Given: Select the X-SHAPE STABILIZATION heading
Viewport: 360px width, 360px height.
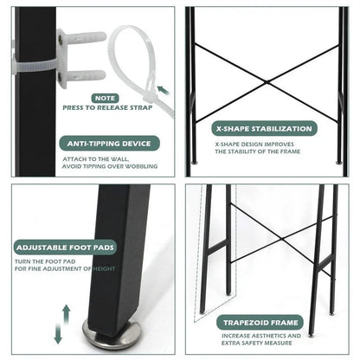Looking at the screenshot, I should point(265,127).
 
